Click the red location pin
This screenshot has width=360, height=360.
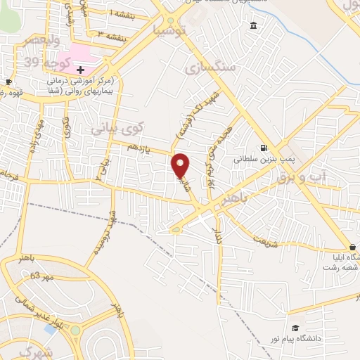(181, 165)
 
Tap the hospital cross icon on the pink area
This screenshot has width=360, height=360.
(81, 70)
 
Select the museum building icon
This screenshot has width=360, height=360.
(253, 26)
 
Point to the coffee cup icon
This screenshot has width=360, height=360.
(8, 82)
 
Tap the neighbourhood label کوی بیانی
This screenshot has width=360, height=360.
(117, 129)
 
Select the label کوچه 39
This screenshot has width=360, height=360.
(42, 62)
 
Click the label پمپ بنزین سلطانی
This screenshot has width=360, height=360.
(262, 160)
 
